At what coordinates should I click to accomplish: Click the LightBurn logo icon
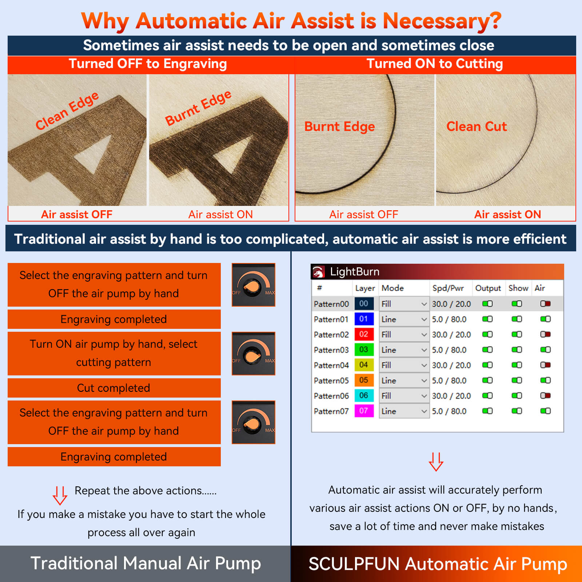coord(319,272)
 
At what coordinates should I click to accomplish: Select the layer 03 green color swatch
coord(364,350)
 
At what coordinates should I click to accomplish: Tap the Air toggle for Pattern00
coord(545,304)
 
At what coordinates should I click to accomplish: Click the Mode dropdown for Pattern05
coord(404,380)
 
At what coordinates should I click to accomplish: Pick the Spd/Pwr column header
coord(448,288)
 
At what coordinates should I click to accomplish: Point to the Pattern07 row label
coord(331,411)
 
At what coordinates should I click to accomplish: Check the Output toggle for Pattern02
coord(487,334)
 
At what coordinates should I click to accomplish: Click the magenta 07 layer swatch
coord(364,411)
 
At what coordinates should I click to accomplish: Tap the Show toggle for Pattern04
coord(517,365)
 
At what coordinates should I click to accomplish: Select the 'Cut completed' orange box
coord(114,388)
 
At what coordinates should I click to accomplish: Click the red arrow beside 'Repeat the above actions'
coord(60,495)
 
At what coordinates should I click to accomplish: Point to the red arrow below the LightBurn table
coord(436,462)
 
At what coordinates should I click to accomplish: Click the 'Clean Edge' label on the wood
coord(67,111)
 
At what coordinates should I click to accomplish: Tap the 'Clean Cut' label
coord(477,127)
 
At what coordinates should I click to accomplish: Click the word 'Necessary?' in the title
coord(442,21)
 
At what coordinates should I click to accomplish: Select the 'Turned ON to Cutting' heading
coord(435,64)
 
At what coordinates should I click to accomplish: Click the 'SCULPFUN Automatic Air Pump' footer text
coord(438,564)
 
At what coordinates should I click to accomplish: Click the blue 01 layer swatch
coord(364,319)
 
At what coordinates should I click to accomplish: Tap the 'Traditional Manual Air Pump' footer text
coord(145,563)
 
